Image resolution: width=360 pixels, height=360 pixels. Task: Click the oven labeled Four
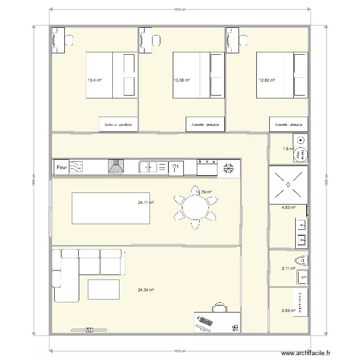tap(61, 167)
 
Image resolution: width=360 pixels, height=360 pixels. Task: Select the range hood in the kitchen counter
tap(116, 167)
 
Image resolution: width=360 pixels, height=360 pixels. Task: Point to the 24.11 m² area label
tap(146, 203)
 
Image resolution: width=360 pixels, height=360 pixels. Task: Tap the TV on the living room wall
tap(89, 330)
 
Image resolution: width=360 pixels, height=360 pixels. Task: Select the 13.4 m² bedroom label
tap(94, 80)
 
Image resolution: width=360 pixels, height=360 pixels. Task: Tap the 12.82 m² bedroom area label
tap(267, 80)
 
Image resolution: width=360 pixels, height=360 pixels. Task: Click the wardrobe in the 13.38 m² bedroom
tap(205, 124)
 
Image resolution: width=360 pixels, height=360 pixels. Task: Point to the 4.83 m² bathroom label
tap(288, 208)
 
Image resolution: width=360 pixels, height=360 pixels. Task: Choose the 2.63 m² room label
tap(288, 310)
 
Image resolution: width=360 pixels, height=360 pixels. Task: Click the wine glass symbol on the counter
tap(176, 167)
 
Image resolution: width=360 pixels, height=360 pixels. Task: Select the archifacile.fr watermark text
tap(306, 353)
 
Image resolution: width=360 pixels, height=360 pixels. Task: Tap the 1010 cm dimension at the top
tap(180, 9)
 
